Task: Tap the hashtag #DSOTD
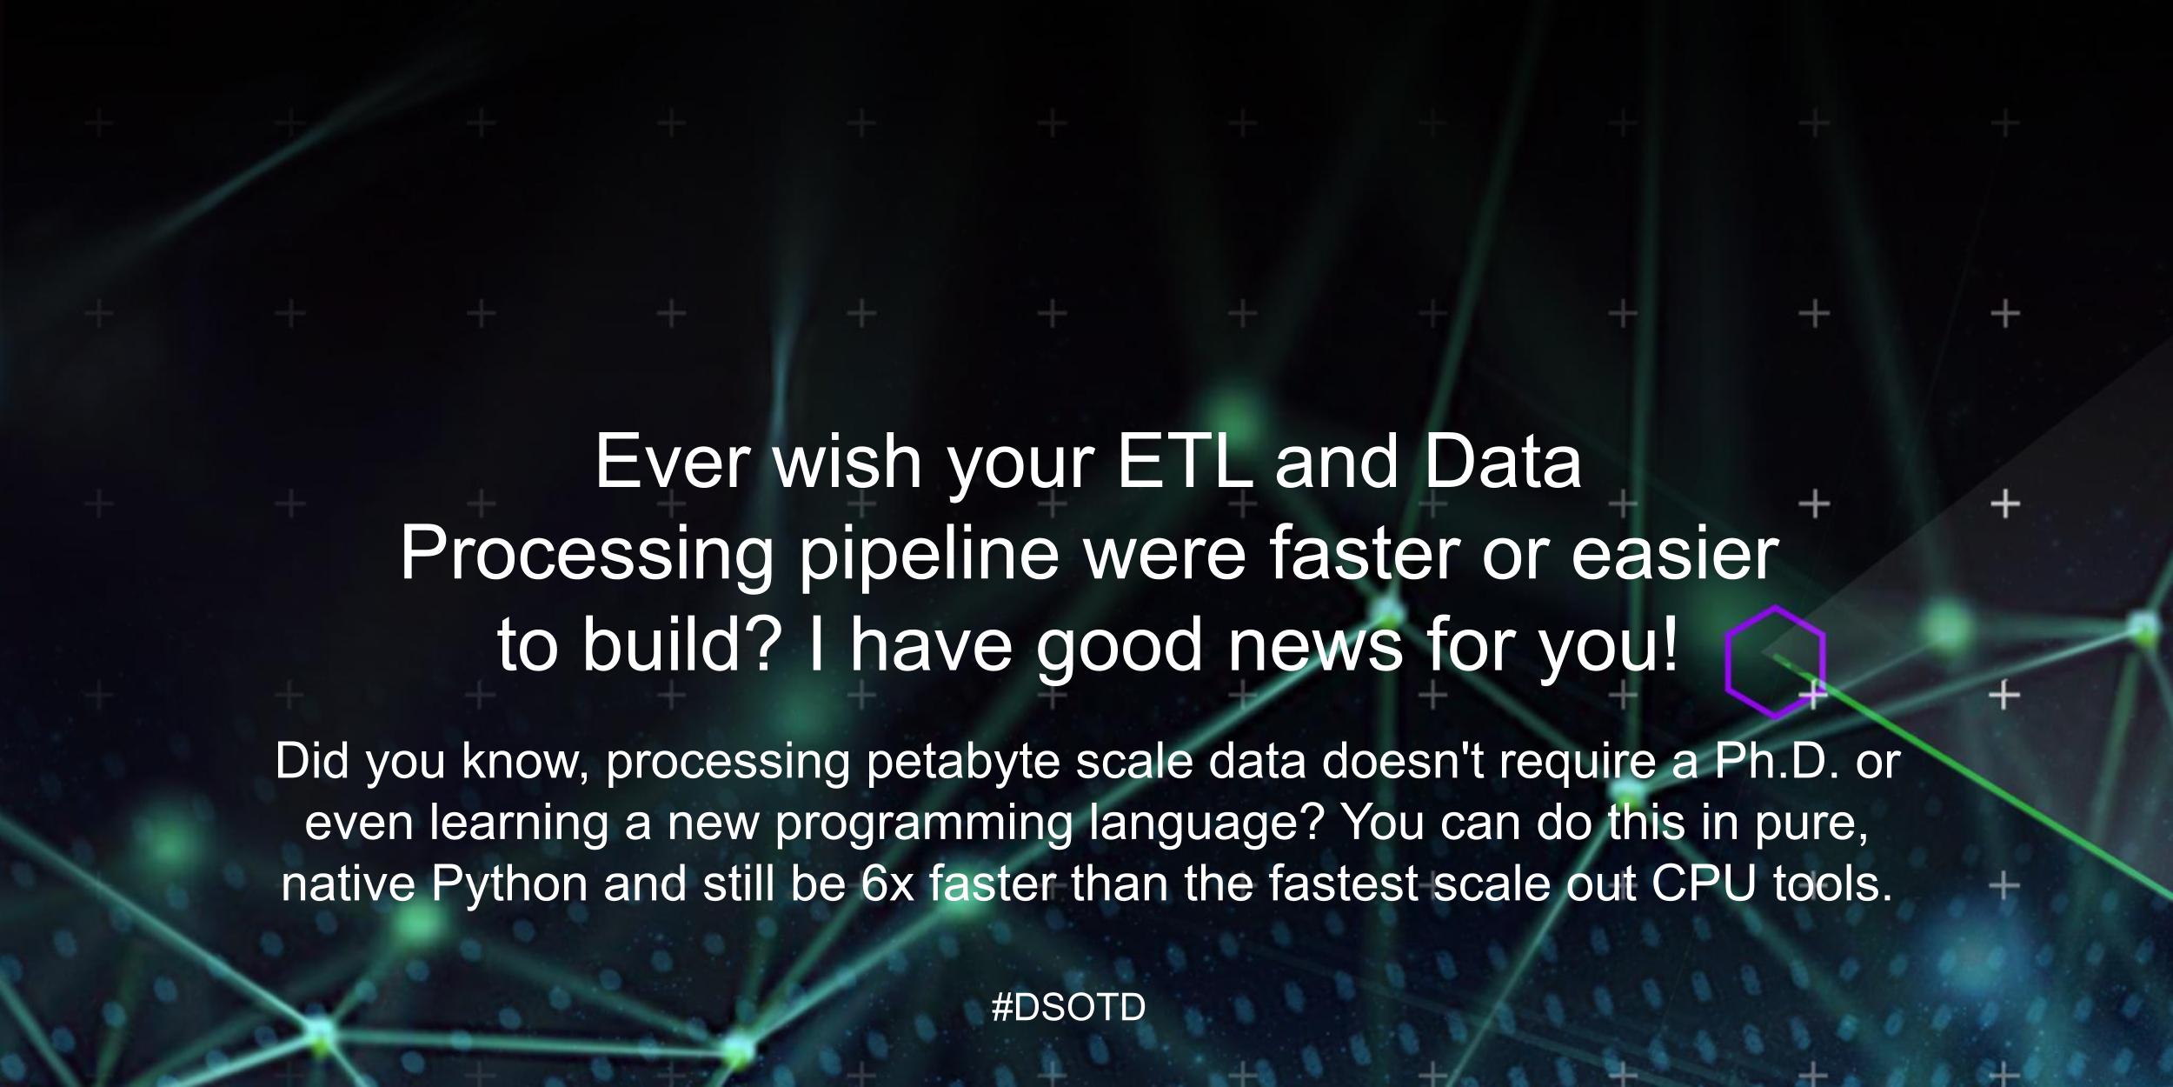1068,1008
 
